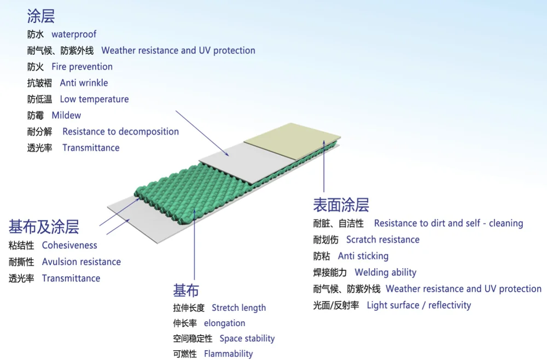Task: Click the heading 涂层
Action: [41, 16]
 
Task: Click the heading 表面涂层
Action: [341, 205]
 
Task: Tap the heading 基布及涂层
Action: [44, 227]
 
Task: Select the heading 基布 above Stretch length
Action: [186, 290]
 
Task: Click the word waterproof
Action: [74, 34]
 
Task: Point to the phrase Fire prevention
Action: [82, 67]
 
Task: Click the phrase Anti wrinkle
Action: [84, 83]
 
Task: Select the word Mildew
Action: [66, 115]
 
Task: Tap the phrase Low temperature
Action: [94, 100]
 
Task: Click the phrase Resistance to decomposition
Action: [120, 132]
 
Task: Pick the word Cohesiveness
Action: [69, 246]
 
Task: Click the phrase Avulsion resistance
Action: [82, 262]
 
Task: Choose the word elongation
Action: [224, 323]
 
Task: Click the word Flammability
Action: [228, 354]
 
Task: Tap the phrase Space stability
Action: [247, 339]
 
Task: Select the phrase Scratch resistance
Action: [383, 240]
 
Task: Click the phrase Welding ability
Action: [386, 272]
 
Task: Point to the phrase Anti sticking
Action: [363, 256]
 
